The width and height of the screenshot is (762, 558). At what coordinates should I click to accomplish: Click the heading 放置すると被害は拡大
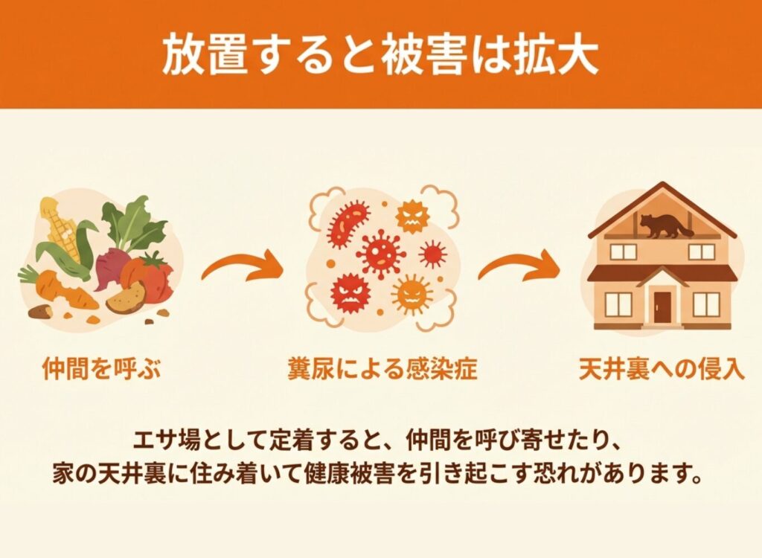380,54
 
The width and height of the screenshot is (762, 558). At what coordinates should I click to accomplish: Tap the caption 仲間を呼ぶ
101,369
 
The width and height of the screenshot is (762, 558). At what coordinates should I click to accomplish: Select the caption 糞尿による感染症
382,369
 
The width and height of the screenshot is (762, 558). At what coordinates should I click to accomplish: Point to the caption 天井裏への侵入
662,369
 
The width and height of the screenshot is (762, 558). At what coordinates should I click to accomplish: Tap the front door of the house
662,307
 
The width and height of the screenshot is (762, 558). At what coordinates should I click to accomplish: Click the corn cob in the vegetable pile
60,228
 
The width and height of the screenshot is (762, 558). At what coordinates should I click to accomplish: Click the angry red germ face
350,293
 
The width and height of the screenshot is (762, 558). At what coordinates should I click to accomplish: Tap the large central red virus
380,254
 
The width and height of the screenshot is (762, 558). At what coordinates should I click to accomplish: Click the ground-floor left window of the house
618,305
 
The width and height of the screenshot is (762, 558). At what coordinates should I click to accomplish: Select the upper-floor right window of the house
702,251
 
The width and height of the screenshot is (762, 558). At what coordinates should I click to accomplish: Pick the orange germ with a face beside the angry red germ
412,294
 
